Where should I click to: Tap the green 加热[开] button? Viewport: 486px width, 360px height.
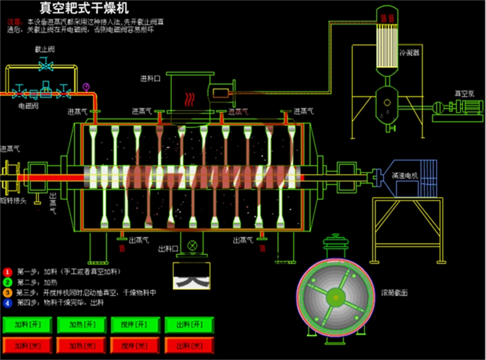81,325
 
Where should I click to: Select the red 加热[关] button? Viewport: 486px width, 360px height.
81,345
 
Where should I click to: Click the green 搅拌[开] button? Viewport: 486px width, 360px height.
135,325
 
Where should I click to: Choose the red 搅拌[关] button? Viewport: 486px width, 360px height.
135,345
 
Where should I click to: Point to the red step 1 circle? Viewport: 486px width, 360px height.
7,272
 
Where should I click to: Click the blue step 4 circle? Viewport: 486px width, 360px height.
7,303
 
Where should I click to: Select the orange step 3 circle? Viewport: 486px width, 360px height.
7,293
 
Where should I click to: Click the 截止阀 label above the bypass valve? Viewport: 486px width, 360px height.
45,50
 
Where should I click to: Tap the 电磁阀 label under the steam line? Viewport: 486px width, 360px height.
28,106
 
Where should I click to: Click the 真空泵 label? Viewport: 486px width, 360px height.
463,94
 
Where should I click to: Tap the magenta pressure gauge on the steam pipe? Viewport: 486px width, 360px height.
86,86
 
